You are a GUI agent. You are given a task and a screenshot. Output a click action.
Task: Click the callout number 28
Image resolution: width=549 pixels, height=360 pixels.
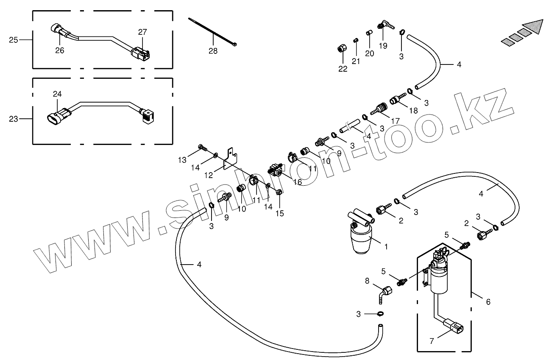(x=213, y=51)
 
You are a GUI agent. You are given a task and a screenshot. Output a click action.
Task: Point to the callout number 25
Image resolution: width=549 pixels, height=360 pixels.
(x=13, y=40)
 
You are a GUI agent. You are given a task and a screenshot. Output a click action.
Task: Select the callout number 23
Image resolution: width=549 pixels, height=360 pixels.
(x=13, y=119)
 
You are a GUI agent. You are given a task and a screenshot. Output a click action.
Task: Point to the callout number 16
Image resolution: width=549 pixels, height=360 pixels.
(x=297, y=182)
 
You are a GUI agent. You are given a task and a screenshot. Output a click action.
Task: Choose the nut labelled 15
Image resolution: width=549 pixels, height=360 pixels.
(x=279, y=193)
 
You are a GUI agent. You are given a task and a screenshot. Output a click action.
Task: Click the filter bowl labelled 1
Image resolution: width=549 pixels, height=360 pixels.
(x=360, y=240)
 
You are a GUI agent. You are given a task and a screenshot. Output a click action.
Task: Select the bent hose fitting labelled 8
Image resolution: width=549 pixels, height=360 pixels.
(x=385, y=293)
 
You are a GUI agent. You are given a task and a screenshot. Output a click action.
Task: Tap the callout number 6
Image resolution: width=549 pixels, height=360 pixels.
(x=488, y=302)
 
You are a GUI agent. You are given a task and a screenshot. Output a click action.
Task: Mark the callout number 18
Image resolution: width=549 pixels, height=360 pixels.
(x=413, y=110)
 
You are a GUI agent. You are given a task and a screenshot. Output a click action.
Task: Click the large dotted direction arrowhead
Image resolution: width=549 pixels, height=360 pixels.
(x=532, y=27)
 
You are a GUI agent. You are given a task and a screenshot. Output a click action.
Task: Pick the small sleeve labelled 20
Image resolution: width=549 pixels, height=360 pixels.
(x=369, y=33)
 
